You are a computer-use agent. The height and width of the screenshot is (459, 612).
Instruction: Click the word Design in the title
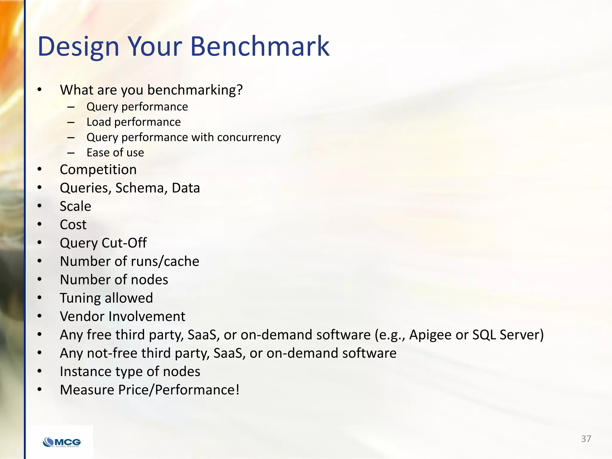point(78,47)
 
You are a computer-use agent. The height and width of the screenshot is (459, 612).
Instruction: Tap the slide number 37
point(586,439)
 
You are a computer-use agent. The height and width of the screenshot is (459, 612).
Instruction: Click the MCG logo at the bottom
point(62,442)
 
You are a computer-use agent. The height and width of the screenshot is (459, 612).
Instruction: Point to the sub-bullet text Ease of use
point(115,153)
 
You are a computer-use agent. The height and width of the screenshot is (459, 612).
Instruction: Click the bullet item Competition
point(98,170)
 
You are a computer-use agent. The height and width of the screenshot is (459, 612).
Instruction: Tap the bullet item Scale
point(75,206)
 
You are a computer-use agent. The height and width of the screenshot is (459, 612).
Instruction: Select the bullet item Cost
point(73,225)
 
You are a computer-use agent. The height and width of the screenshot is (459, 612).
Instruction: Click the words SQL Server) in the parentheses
point(508,335)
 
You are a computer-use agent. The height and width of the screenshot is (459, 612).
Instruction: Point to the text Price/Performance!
point(197,390)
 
